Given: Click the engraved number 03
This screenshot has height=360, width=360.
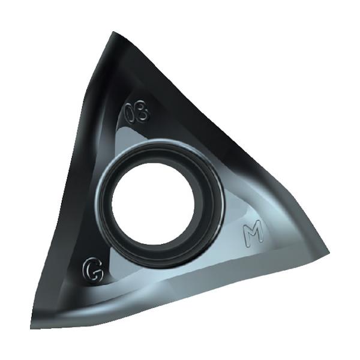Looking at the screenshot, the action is click(136, 113).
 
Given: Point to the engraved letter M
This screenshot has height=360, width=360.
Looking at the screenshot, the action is click(253, 233).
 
